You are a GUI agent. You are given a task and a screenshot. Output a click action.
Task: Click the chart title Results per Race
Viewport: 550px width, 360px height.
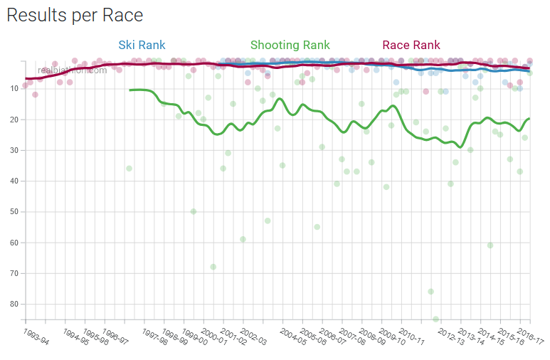point(75,15)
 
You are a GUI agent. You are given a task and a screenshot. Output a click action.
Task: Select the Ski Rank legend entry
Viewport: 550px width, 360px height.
point(142,45)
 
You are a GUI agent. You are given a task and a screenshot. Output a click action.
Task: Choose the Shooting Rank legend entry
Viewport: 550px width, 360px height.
point(290,45)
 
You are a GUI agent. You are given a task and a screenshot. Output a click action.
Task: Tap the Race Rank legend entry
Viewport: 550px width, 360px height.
point(411,45)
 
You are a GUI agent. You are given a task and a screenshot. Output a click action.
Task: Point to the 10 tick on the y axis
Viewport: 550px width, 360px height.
point(14,89)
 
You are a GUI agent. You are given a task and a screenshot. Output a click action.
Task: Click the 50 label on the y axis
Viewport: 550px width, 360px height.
point(14,212)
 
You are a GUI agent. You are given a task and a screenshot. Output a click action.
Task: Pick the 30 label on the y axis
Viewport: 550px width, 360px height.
point(14,150)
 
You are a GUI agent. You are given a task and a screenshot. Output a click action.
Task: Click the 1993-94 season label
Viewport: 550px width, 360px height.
point(36,337)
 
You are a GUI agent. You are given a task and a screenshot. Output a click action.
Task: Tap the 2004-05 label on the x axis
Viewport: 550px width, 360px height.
point(293,337)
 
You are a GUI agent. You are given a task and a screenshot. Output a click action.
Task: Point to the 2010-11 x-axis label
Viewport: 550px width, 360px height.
point(412,337)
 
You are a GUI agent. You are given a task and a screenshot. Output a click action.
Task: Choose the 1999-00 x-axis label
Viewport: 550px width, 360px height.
point(194,337)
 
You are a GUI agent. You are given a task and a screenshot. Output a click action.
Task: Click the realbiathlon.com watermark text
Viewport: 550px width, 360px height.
point(73,70)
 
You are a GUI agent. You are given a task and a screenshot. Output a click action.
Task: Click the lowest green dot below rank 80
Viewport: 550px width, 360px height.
point(435,319)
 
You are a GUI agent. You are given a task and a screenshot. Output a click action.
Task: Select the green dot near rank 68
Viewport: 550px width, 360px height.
point(213,267)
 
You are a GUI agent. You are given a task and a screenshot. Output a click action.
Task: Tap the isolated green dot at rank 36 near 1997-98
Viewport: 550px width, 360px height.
point(129,169)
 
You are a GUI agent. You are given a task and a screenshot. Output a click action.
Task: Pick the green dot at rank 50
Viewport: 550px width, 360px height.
point(194,211)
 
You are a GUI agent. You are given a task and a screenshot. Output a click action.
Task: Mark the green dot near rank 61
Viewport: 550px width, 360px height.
point(490,245)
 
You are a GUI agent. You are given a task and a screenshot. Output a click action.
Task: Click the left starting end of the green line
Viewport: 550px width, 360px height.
point(130,90)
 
